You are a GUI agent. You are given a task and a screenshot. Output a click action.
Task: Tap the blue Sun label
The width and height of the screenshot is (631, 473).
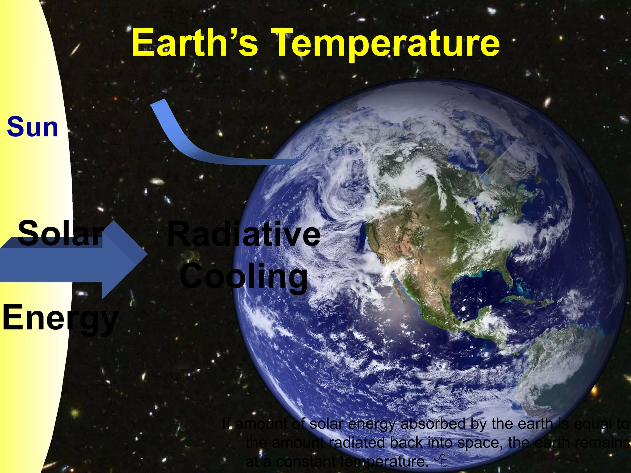click(x=33, y=127)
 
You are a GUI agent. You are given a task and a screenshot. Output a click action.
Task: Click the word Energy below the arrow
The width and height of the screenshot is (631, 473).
click(x=60, y=317)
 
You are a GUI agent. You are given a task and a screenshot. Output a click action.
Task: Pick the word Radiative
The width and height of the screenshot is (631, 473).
click(x=243, y=235)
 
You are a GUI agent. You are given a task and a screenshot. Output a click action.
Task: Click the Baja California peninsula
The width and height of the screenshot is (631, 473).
click(x=397, y=291)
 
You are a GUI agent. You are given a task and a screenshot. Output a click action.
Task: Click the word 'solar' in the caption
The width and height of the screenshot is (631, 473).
click(x=326, y=424)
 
